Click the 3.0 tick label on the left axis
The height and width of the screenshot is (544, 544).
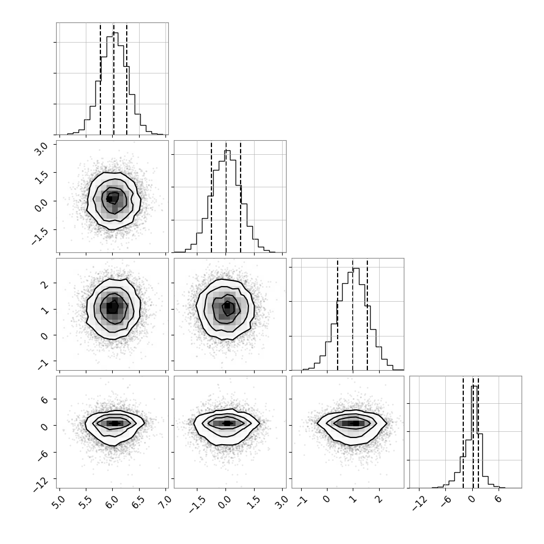coord(42,150)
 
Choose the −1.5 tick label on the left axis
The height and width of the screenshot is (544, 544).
coord(40,236)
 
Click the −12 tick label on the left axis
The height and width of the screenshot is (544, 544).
coord(41,483)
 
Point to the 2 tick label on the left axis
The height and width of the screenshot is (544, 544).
coord(45,284)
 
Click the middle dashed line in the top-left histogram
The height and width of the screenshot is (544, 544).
coord(113,79)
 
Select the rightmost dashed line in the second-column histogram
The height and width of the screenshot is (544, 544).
coord(241,197)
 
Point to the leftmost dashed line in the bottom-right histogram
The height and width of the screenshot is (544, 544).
coord(463,432)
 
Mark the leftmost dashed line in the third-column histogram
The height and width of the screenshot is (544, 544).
coord(338,314)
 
